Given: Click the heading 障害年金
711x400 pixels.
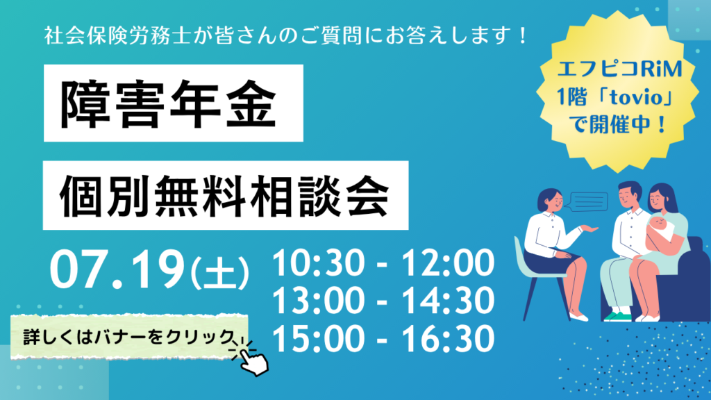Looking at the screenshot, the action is tap(168, 104).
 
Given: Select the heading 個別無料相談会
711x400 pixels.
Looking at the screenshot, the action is tap(224, 195).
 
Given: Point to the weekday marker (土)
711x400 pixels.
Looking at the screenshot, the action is tap(219, 272).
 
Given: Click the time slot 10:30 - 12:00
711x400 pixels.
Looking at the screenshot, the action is tap(383, 263).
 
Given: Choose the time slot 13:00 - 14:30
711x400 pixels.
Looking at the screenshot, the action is tap(383, 301).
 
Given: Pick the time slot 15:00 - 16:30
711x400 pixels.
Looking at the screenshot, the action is tap(383, 339).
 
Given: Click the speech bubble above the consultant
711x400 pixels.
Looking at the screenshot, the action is tap(587, 202).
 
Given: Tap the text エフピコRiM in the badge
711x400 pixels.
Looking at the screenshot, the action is tap(619, 69).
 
